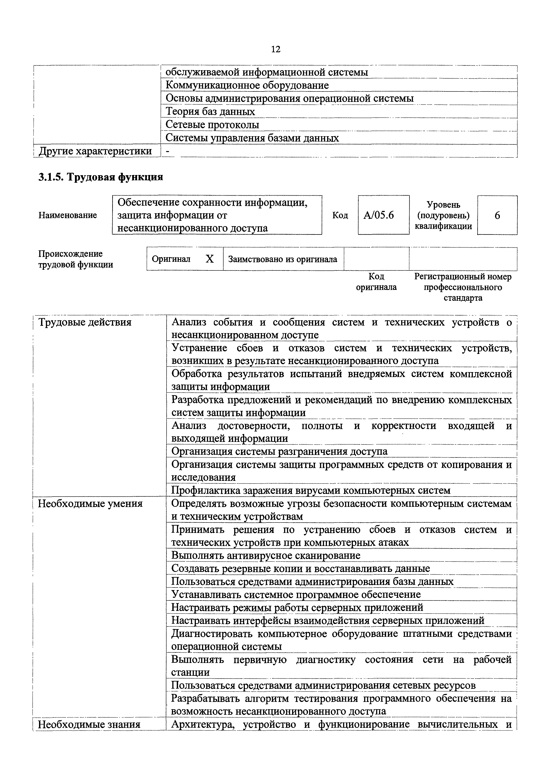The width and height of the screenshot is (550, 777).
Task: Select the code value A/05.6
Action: coord(379,215)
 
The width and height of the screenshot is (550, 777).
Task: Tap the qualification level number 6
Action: coord(497,215)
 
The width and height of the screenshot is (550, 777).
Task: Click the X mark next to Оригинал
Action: coord(210,259)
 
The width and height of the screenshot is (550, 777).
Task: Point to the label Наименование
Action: coord(68,215)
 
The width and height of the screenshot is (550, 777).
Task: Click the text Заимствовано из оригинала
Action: coord(283,259)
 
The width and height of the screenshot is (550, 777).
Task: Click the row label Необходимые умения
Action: coord(90,503)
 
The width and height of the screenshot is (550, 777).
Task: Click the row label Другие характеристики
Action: coord(95,151)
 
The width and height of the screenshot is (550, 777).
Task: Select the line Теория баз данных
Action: coord(210,111)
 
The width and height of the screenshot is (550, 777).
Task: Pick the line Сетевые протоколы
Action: coord(212,124)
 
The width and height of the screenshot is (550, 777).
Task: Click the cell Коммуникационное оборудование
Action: coord(247,85)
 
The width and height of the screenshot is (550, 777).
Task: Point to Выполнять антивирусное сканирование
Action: coord(266,555)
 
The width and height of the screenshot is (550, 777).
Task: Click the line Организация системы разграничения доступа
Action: coord(279,451)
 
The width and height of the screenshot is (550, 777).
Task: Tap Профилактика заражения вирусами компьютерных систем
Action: coord(311,490)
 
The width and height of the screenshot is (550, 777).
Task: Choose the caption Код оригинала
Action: coord(376,282)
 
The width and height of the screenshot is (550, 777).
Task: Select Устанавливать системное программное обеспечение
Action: coord(296,594)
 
